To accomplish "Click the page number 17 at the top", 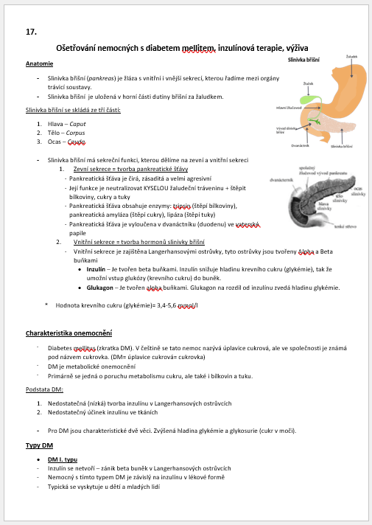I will coord(31,32).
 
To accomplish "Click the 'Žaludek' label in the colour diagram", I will coord(352,58).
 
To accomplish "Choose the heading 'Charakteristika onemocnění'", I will coord(69,333).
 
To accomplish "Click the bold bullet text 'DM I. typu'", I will coord(62,459).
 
